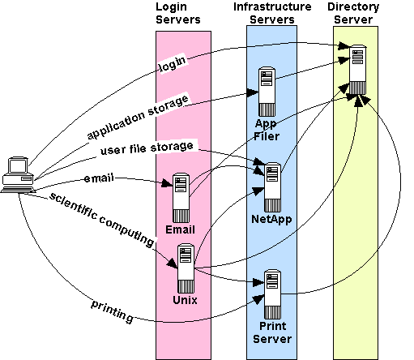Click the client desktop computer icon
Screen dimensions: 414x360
point(18,175)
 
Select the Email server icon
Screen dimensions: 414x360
point(181,198)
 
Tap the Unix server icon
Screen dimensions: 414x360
point(186,268)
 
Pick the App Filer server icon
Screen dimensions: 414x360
point(267,92)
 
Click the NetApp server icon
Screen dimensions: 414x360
point(272,187)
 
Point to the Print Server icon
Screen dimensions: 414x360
point(272,294)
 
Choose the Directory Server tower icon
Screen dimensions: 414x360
point(358,70)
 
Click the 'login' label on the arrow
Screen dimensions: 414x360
point(173,64)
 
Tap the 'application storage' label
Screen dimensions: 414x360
point(138,117)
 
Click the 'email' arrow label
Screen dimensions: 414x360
point(99,178)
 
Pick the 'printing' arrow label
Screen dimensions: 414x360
point(112,311)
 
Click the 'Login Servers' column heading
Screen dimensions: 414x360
point(178,13)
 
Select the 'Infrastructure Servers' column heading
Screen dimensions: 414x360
point(272,13)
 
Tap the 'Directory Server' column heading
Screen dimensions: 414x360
point(353,13)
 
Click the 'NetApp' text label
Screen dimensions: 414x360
point(271,219)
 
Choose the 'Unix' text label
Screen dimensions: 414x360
point(185,300)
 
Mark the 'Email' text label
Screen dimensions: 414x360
point(180,229)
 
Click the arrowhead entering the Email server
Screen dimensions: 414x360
point(167,183)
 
